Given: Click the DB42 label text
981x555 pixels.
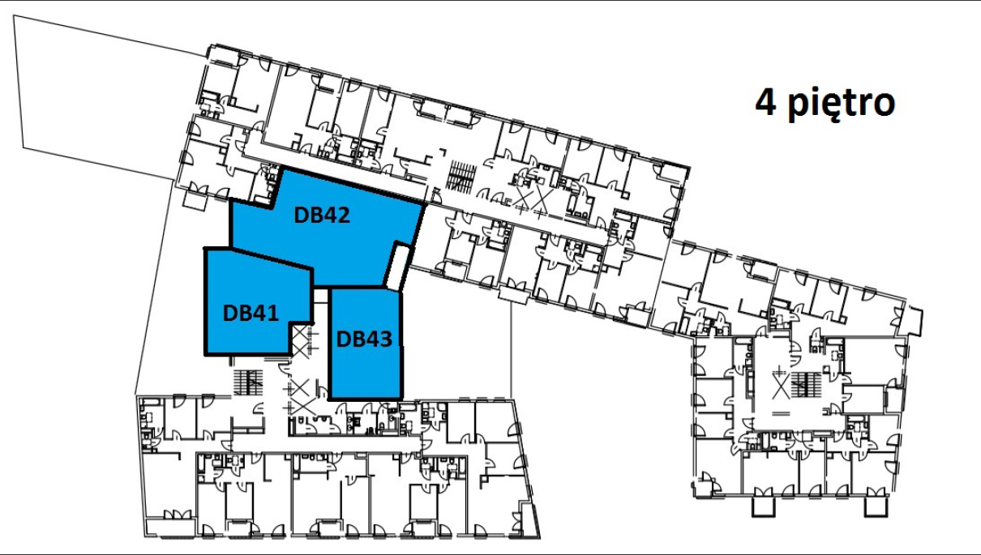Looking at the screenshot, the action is [322, 215].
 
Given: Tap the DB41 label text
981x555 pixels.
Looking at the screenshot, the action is [251, 313].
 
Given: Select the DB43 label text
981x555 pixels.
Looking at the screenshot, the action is [364, 339].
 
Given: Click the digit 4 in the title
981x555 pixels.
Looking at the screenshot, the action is [766, 102].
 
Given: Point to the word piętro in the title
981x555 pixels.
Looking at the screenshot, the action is [842, 105].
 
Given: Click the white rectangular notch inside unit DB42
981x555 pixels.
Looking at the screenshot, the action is [398, 267].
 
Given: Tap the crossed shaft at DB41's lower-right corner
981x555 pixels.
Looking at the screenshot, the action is [301, 340].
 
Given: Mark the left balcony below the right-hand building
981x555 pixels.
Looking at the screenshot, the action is [764, 506].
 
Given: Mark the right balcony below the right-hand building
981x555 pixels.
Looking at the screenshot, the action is [876, 506].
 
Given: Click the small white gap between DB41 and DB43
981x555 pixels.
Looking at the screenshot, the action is [321, 296].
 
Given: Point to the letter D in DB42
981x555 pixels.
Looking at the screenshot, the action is [301, 216].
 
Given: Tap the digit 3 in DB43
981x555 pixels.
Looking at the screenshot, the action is [385, 339].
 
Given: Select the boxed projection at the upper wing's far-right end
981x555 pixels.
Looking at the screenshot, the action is [915, 321].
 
